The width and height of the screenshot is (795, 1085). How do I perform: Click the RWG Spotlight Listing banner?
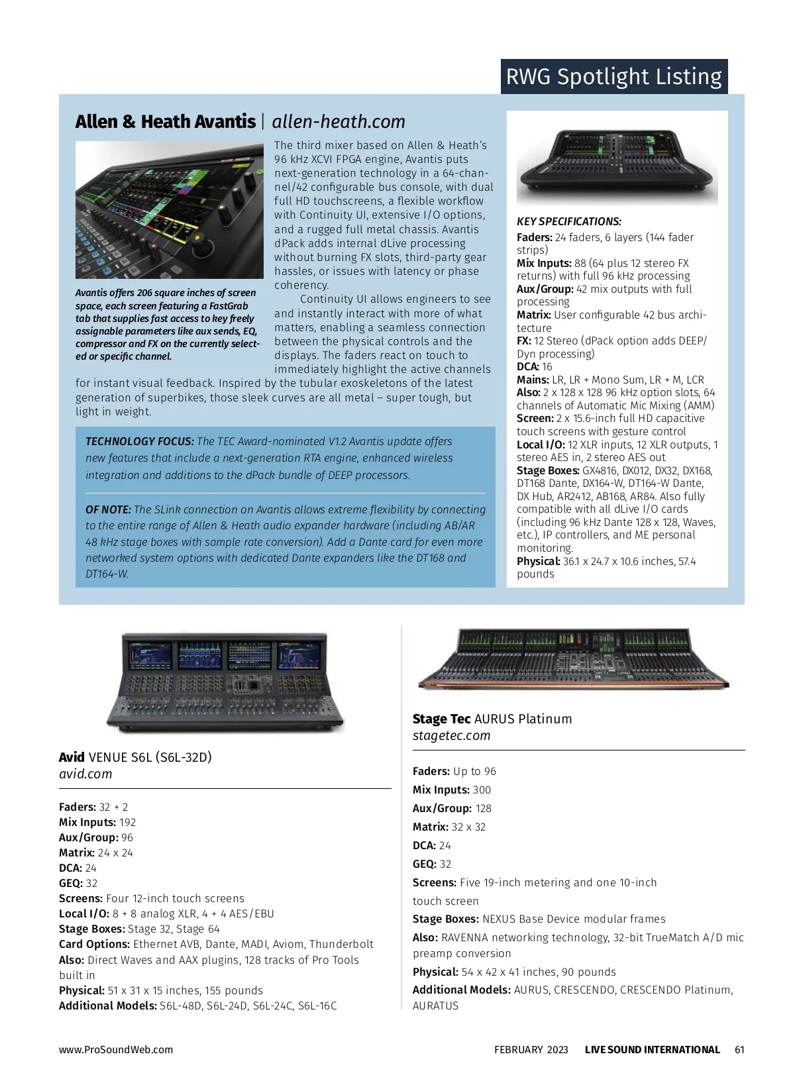coord(613,77)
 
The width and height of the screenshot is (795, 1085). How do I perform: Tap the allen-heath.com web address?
coord(339,122)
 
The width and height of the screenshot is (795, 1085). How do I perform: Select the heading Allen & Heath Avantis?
coord(165,122)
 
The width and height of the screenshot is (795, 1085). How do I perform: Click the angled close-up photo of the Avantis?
coord(169,210)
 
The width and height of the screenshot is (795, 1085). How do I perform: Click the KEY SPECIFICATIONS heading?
coord(569,222)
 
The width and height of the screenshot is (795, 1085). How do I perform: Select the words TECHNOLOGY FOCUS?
coord(139,442)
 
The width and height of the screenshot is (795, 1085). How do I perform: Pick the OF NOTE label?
coord(108,510)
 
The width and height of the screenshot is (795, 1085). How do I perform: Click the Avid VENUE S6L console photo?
coord(225,682)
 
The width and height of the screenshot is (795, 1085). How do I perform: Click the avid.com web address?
coord(85,774)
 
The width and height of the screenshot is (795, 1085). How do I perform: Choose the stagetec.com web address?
coord(451,736)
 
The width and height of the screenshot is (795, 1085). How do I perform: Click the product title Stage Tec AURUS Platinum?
coord(492,719)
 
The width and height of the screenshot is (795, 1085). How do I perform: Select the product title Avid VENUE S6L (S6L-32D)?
coord(135,758)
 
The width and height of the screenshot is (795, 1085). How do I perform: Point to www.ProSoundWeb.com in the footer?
coord(116,1050)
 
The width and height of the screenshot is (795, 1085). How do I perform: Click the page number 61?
coord(739,1050)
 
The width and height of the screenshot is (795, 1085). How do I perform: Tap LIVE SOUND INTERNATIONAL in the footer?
coord(652,1050)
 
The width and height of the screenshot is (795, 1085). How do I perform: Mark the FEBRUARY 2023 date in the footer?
coord(531,1050)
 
